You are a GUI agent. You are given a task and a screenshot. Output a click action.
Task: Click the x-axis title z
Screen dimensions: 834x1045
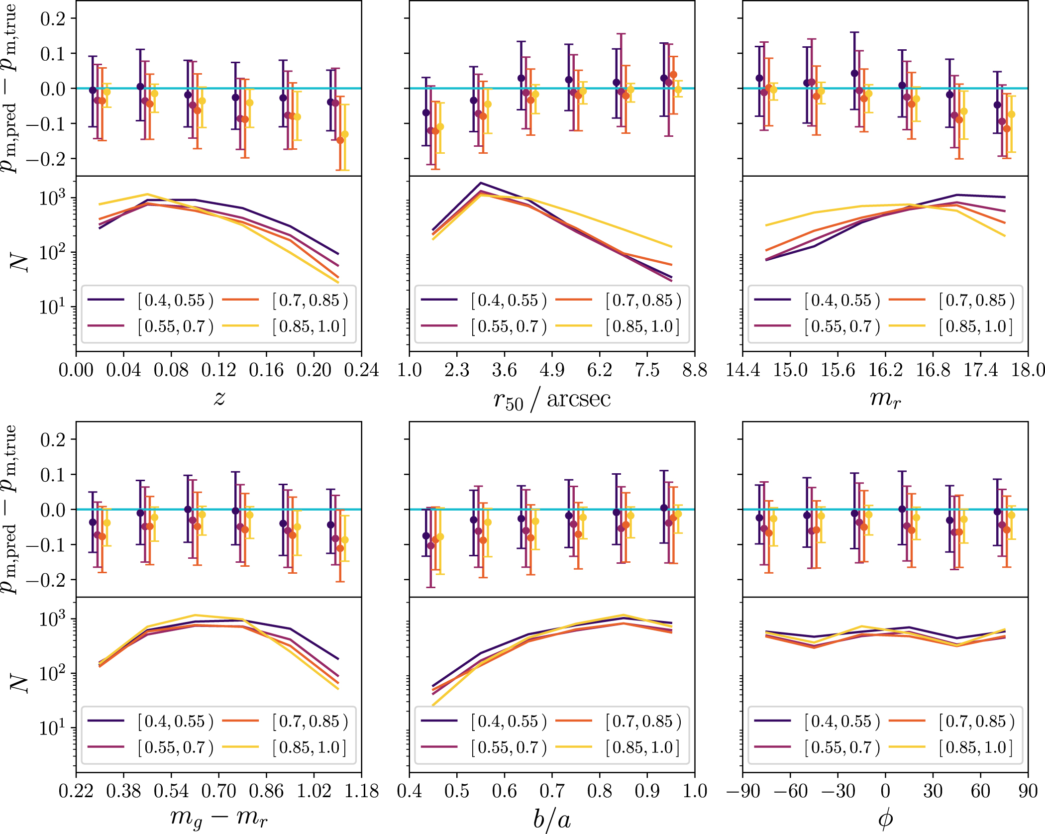(219, 398)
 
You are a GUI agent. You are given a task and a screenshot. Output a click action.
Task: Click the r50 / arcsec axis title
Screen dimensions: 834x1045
(551, 400)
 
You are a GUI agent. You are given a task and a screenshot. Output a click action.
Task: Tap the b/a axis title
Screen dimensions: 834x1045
(551, 819)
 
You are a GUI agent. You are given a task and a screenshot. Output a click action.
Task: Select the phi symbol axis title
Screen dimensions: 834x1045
(885, 819)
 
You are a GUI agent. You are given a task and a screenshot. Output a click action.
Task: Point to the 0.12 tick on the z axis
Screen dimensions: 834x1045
(218, 370)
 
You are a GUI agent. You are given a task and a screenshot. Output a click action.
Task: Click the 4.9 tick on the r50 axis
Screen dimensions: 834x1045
(552, 370)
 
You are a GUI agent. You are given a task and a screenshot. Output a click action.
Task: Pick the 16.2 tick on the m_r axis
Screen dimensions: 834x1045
(885, 370)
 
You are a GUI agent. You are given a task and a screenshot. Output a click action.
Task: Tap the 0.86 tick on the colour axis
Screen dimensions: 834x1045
(266, 791)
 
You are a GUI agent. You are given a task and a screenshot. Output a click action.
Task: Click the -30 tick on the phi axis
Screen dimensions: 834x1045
(837, 791)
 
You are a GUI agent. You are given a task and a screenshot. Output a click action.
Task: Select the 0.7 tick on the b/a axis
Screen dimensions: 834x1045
(552, 791)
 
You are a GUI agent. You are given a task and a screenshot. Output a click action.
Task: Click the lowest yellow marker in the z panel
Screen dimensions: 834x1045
(345, 134)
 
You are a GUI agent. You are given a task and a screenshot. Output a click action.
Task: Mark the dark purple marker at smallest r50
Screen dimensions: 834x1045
(426, 112)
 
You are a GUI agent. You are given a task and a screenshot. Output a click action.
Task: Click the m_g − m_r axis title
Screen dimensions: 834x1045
(218, 819)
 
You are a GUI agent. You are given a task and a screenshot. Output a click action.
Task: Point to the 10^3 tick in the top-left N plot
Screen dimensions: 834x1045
(52, 198)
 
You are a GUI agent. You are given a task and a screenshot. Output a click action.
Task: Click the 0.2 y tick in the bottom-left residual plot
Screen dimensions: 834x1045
(53, 439)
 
